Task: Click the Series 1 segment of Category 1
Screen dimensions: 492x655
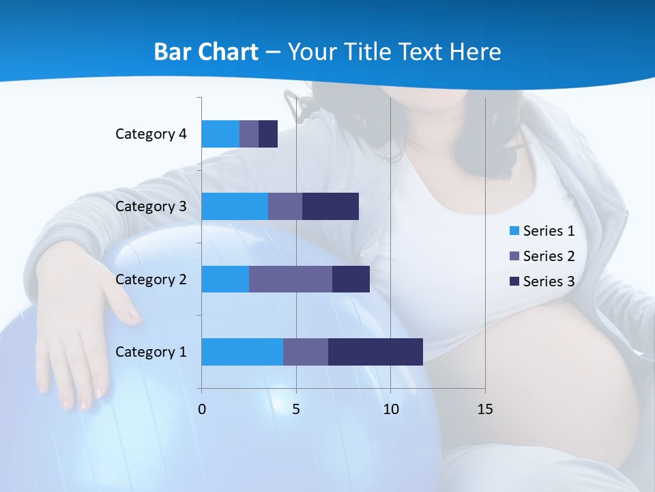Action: (242, 352)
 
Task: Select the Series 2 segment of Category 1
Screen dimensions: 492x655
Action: (306, 352)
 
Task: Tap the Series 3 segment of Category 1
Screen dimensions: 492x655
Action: (375, 352)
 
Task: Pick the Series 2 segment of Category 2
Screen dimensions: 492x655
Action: (291, 279)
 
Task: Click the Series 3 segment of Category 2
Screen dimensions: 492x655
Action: (351, 279)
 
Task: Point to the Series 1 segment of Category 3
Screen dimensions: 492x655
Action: (235, 206)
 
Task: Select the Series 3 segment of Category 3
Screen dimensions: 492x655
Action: (330, 206)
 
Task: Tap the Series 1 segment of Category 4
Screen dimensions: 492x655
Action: (220, 134)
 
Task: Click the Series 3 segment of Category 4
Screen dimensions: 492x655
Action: (268, 134)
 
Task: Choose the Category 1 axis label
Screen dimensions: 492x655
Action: (151, 352)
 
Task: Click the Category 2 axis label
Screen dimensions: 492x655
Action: (151, 279)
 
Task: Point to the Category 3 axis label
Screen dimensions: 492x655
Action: (151, 206)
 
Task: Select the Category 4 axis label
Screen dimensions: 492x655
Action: (151, 134)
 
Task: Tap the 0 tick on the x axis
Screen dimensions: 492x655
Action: (202, 409)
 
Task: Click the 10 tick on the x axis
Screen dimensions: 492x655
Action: (390, 409)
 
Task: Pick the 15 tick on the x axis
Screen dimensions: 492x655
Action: (485, 409)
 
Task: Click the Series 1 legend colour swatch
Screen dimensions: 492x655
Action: (514, 231)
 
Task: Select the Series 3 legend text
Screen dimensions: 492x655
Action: (549, 282)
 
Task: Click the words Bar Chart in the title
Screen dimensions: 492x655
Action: (206, 52)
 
